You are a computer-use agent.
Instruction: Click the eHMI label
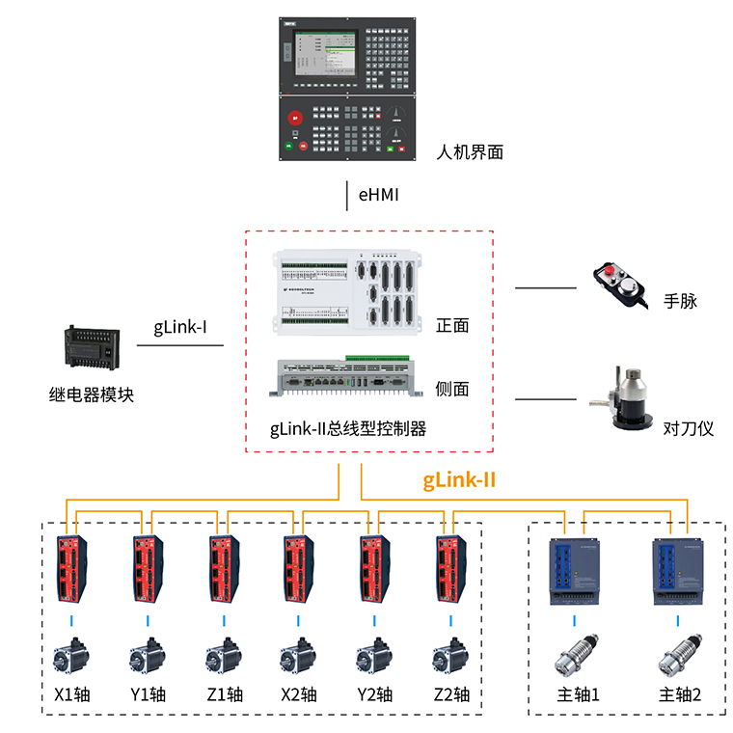pos(378,195)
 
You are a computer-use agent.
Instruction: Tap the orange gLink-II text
pos(460,479)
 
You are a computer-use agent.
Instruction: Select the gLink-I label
pos(180,327)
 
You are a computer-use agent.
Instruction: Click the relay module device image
pos(92,348)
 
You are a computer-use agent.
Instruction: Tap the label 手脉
pos(680,301)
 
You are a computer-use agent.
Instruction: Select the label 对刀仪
pos(689,427)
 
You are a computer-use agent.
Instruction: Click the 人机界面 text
pos(470,151)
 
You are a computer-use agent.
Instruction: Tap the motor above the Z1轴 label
pos(223,656)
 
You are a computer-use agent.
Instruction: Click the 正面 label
pos(452,325)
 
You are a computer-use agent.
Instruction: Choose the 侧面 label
pos(452,389)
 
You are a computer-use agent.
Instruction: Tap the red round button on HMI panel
pos(296,117)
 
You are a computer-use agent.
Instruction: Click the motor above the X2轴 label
pos(298,656)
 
